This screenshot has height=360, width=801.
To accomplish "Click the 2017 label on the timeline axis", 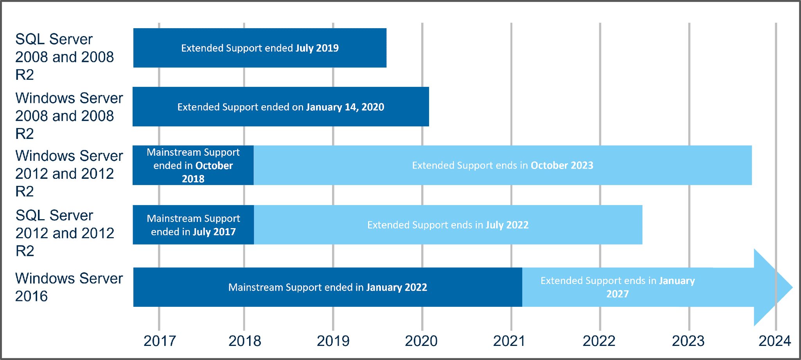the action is (x=160, y=341).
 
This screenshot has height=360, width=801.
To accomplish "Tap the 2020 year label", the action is (x=421, y=341).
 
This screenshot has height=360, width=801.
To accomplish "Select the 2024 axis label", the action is (x=775, y=341).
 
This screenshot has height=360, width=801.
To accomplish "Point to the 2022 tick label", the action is (x=599, y=341).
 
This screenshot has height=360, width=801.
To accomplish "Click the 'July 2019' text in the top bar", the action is (x=317, y=48).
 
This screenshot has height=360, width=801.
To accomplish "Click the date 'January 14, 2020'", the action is (x=345, y=107).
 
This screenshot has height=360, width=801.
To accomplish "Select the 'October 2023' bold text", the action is (x=562, y=166).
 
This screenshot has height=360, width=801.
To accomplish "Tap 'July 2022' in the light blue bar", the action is (x=507, y=225).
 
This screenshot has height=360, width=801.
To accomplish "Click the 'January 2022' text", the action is (x=397, y=288).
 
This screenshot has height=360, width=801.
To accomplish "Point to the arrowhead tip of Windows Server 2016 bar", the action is (x=792, y=287).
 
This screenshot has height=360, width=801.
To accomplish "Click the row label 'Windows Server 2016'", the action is (x=69, y=287).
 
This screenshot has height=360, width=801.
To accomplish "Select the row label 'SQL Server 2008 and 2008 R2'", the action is (x=65, y=57).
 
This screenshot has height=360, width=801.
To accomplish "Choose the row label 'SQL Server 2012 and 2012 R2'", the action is (x=65, y=233).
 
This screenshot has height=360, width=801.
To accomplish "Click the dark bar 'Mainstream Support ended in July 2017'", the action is (x=193, y=225).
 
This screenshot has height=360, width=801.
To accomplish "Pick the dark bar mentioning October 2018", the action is (x=193, y=165).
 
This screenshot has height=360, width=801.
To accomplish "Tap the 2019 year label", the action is (x=333, y=341).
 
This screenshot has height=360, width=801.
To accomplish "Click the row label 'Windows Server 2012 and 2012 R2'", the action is (x=69, y=173).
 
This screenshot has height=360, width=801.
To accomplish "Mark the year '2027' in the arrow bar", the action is (x=618, y=294).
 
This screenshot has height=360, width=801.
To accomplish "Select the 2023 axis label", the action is (x=688, y=341).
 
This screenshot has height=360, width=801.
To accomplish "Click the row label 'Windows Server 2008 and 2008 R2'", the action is (x=69, y=116).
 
